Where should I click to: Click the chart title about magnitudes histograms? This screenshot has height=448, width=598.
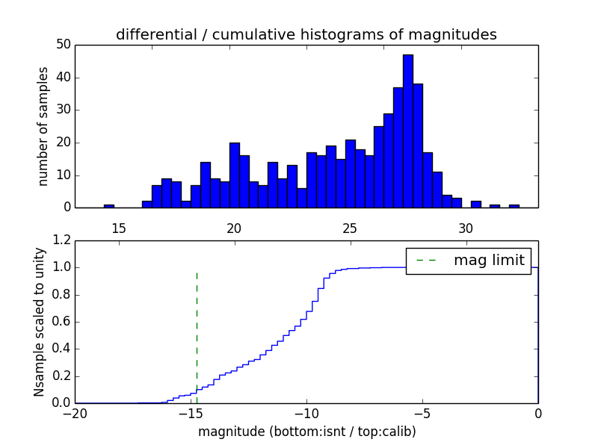[306, 34]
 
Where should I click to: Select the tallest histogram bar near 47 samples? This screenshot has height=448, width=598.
[407, 131]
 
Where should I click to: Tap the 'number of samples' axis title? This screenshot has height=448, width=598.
[43, 125]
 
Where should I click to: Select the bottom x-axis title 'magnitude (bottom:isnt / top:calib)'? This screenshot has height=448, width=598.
[306, 432]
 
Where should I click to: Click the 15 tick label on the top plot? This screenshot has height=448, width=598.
[119, 227]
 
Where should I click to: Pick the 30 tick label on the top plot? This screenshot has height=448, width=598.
[466, 227]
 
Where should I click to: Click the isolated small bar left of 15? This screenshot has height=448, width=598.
[109, 206]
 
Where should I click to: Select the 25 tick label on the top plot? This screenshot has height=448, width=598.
[351, 227]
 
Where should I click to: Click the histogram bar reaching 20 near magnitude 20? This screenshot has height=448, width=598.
[235, 175]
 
